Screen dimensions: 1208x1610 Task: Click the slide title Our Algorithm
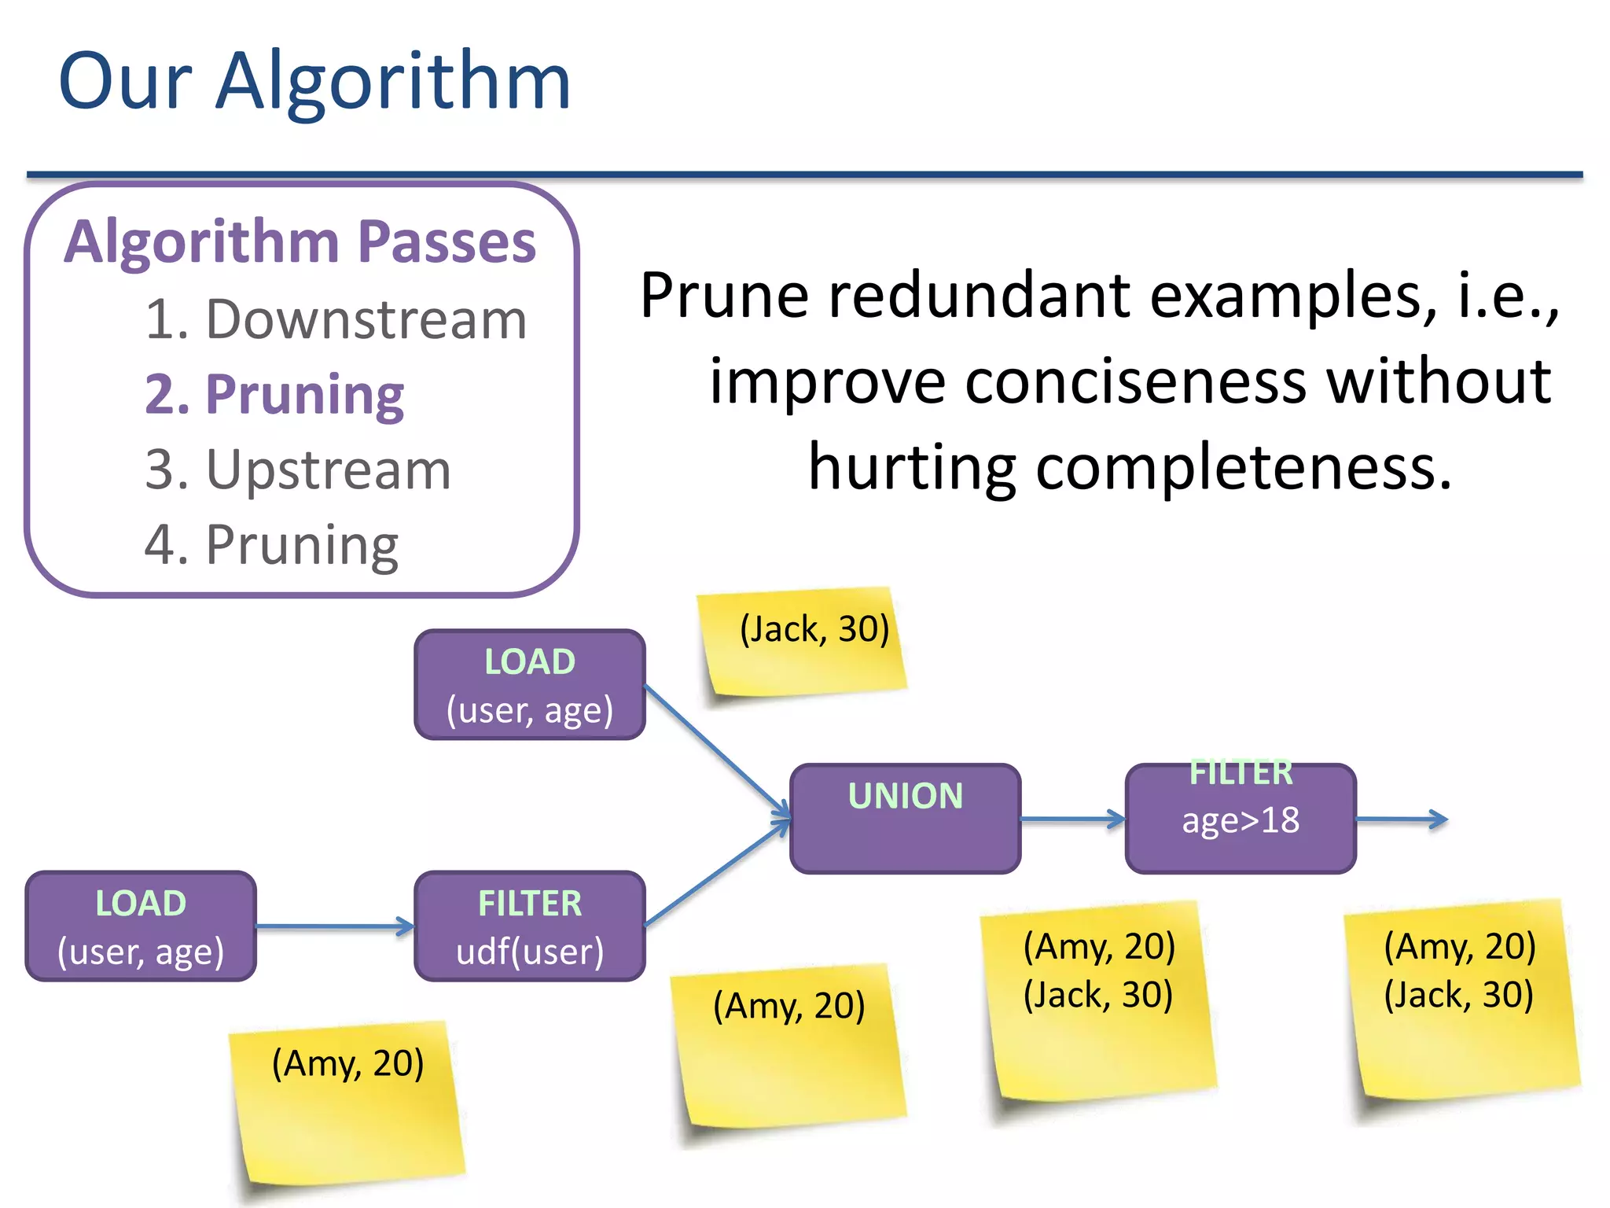(x=314, y=81)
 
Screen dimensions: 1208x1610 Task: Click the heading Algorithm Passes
(x=300, y=241)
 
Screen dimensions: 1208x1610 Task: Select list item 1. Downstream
(x=336, y=320)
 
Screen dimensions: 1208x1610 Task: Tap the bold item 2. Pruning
(x=274, y=394)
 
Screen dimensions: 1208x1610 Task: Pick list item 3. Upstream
(x=298, y=470)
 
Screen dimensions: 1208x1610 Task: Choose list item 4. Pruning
(x=271, y=545)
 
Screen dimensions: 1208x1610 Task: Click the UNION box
(x=905, y=819)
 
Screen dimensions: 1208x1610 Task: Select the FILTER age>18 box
(x=1241, y=819)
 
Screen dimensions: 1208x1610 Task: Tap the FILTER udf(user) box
(x=530, y=926)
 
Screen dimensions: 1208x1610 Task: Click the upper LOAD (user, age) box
(x=530, y=685)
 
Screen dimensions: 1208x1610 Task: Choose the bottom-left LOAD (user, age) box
(x=141, y=926)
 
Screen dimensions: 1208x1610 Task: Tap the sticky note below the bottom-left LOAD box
(x=347, y=1101)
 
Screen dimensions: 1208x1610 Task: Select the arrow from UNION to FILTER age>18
(x=1073, y=819)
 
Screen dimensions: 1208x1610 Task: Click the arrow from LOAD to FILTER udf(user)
(x=335, y=926)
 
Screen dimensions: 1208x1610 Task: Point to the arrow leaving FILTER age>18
(x=1402, y=819)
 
